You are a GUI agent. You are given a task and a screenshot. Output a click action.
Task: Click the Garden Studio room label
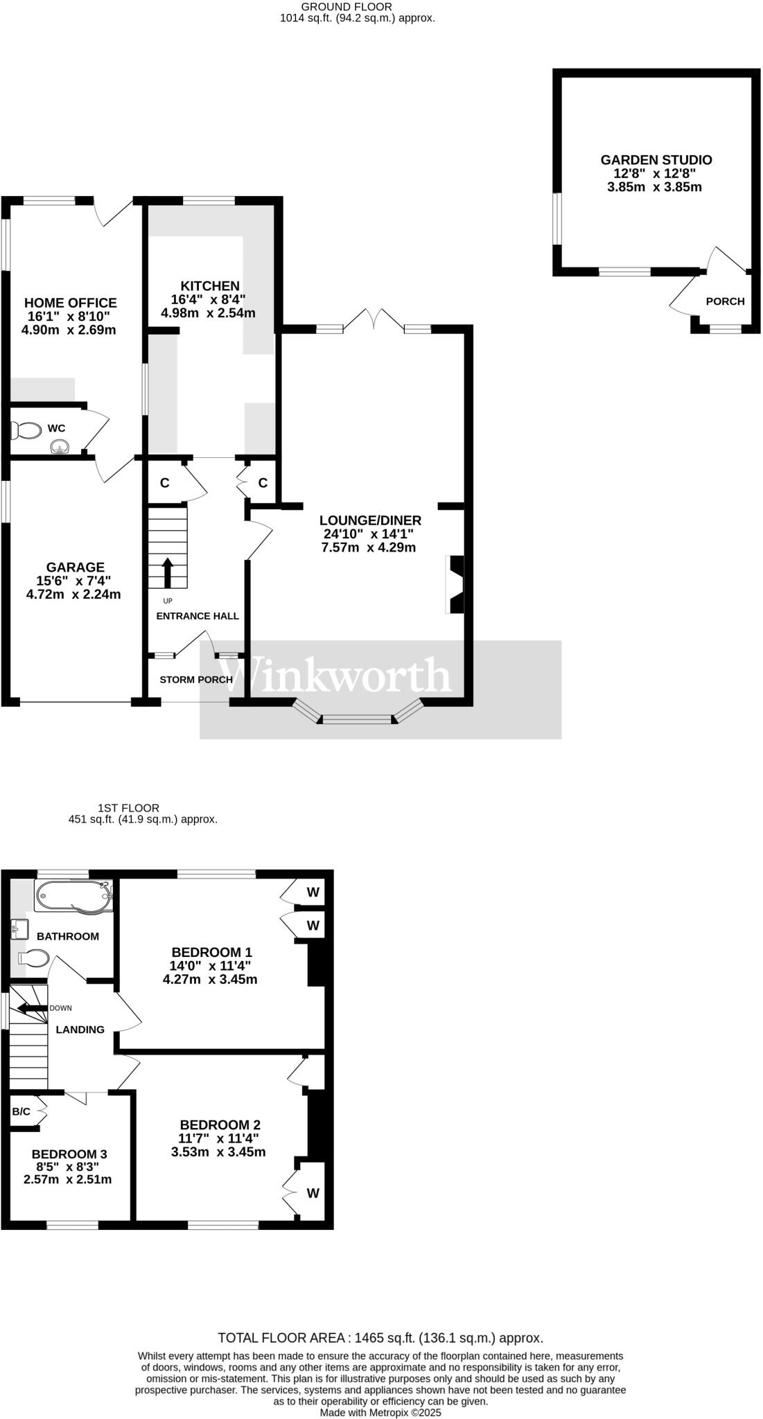point(656,160)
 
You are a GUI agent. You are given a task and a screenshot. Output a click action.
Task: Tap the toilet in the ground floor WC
point(26,431)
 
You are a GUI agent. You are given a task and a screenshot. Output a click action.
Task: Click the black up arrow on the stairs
point(167,572)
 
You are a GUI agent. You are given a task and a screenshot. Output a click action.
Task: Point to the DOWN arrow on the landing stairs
point(30,1008)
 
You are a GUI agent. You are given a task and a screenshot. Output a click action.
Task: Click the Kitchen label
point(210,286)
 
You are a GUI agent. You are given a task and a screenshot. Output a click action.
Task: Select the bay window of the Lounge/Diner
point(358,716)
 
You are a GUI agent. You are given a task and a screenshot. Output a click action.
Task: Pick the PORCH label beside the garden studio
point(725,301)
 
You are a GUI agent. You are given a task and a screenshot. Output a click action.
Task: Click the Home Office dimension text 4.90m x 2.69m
point(69,330)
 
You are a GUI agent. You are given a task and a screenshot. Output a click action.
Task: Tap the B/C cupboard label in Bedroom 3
point(21,1112)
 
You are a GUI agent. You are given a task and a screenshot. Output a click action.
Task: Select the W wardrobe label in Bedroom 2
point(313,1193)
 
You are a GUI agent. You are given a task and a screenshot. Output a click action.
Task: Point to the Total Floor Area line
point(380,1338)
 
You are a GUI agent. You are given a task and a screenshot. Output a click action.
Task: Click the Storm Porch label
point(196,680)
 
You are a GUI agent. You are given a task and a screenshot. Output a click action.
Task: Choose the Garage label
point(76,567)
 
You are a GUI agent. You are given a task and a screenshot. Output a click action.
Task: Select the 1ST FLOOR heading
point(128,808)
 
